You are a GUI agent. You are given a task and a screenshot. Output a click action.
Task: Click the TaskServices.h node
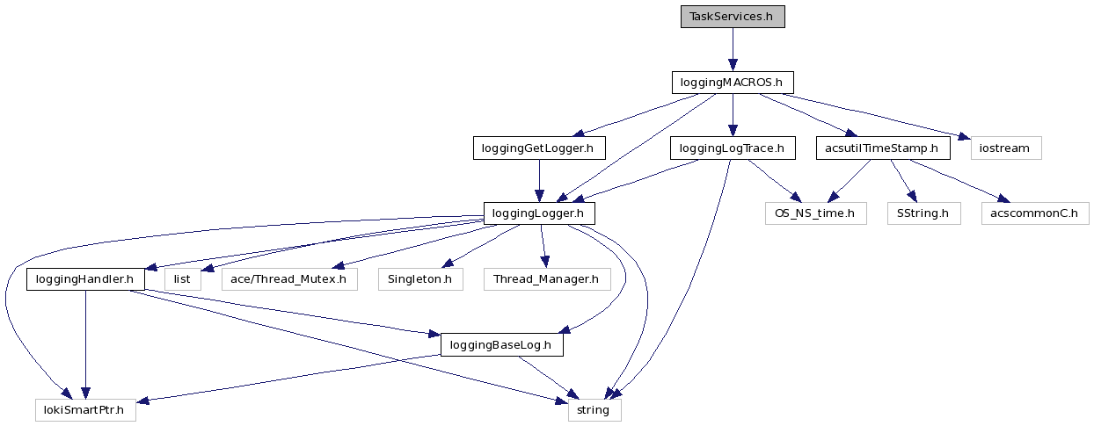(732, 17)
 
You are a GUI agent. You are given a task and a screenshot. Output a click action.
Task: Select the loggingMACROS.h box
(732, 83)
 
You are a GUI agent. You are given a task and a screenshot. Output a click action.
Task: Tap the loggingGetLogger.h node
(539, 148)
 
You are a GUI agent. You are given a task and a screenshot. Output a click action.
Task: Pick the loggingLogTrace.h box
(732, 148)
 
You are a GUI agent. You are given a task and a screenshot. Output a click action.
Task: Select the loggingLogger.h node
(539, 213)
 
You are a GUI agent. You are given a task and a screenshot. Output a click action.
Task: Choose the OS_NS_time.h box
(815, 213)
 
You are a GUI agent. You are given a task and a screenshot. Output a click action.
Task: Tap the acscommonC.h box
(1034, 213)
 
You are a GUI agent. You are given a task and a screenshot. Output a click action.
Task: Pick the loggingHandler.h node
(85, 279)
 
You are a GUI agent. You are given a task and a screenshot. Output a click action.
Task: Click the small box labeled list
(182, 279)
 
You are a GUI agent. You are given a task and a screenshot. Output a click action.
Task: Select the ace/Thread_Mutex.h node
(288, 279)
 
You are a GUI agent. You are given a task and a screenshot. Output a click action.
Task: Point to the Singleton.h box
(420, 279)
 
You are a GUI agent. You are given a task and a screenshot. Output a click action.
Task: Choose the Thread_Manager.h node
(546, 279)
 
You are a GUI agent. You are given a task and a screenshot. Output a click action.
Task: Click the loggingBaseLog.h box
(500, 345)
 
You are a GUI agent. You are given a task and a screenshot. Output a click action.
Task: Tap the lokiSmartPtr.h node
(85, 410)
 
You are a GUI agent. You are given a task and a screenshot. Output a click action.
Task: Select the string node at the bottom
(594, 410)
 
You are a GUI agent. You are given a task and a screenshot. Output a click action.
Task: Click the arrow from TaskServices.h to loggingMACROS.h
(732, 49)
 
